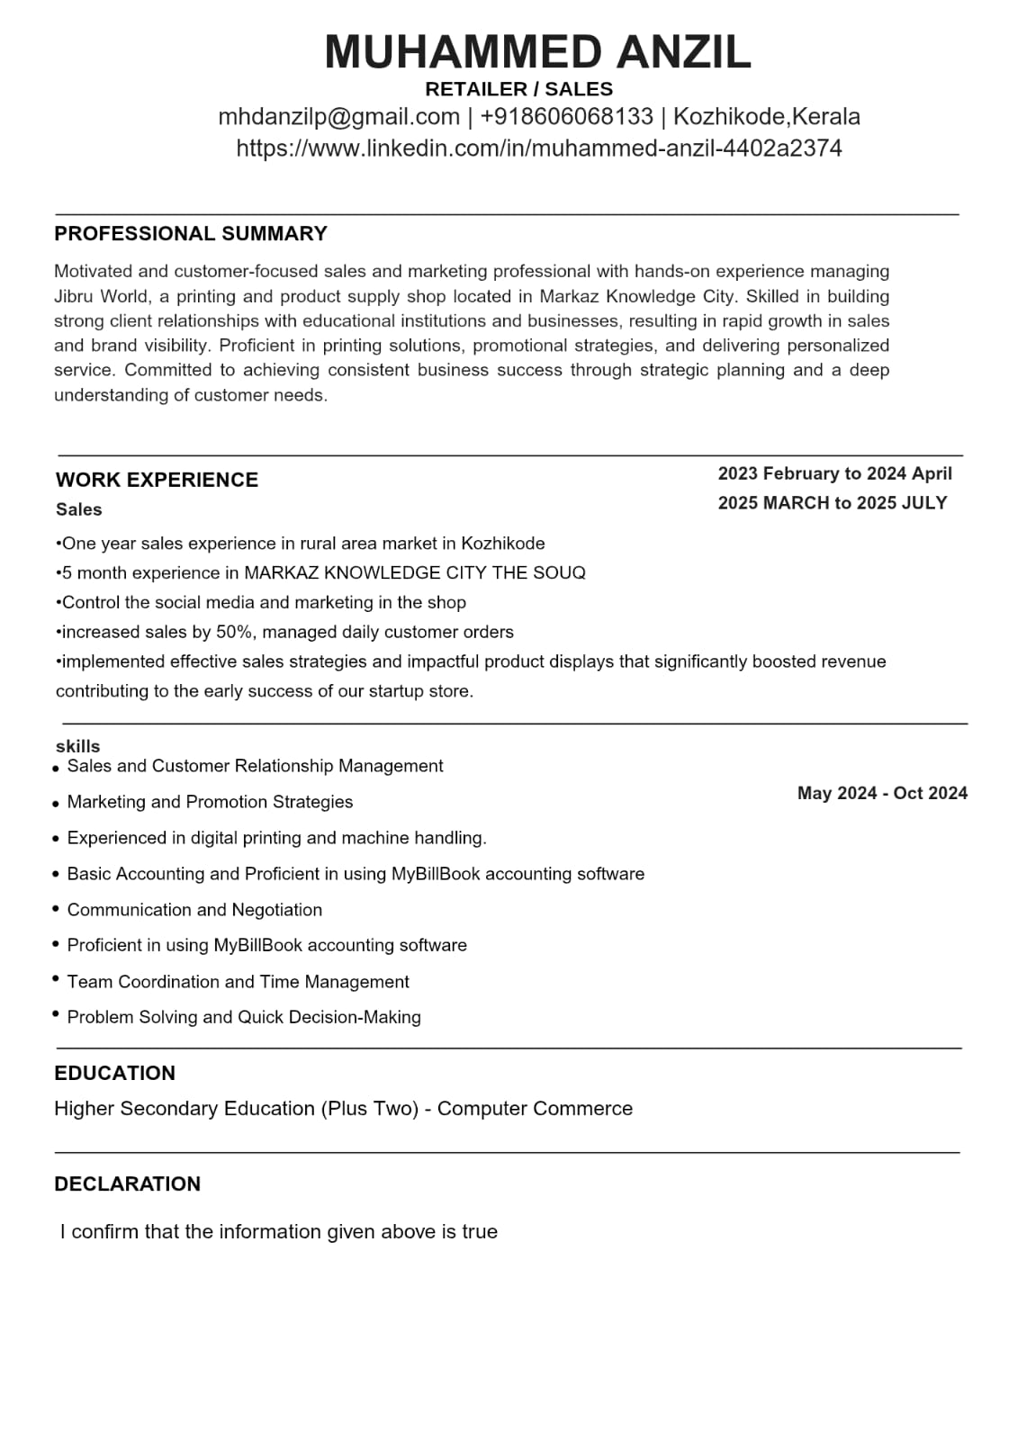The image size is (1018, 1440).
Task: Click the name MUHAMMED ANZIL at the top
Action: pos(537,51)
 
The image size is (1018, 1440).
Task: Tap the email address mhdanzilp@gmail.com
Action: pos(338,117)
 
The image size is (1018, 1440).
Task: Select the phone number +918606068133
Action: pos(566,117)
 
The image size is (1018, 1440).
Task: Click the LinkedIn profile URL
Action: pos(538,148)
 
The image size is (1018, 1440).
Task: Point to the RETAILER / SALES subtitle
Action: pos(518,89)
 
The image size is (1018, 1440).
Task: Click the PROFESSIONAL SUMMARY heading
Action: pos(190,234)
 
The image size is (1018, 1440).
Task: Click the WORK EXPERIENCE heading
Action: pos(157,480)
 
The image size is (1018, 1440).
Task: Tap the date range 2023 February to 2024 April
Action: pos(834,473)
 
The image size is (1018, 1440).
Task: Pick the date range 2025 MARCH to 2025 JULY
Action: pos(833,503)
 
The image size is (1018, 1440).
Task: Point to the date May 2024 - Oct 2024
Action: pos(882,793)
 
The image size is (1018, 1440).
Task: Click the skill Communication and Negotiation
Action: pos(194,910)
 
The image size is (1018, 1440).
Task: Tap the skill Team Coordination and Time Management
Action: pos(238,982)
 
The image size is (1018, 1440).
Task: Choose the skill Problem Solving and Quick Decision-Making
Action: pos(244,1017)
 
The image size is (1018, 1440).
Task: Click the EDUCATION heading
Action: pos(114,1073)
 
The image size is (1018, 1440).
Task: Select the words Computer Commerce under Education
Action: pos(535,1109)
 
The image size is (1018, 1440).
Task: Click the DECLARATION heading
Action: pos(127,1183)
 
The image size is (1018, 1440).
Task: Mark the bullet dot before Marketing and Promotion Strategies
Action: pos(57,804)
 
